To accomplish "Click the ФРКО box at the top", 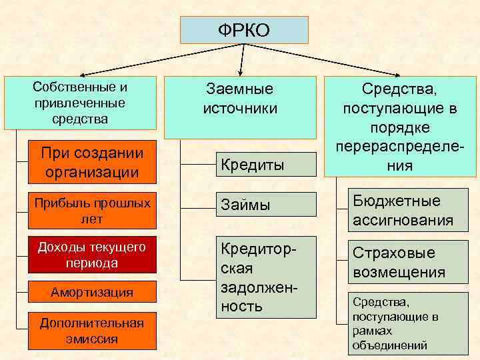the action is pos(244,31).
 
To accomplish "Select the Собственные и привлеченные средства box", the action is pos(80,103).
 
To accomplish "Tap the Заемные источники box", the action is pos(240,107).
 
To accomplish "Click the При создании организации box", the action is pos(92,163).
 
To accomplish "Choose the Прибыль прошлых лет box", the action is pos(92,209).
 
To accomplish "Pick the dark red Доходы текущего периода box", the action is pos(92,255).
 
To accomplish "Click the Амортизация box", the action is pos(92,292).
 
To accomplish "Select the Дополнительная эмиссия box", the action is pos(92,331).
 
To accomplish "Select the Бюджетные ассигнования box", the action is pos(402,211).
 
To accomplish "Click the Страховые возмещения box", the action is pos(402,263).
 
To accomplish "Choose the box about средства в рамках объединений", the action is pos(402,323).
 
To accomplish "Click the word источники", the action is pos(240,108).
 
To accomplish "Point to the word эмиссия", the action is pos(92,339).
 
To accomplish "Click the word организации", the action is pos(92,172).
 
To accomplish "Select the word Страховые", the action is pos(393,253).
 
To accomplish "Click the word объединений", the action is pos(390,345).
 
